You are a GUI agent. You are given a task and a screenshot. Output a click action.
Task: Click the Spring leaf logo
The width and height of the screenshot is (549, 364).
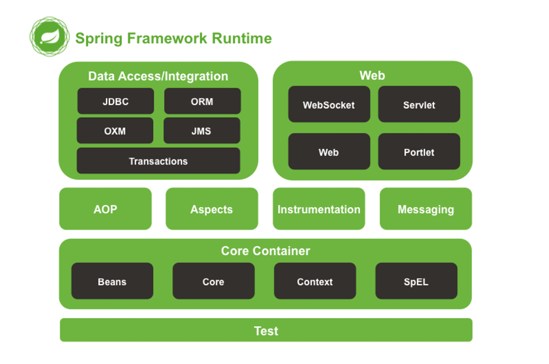[50, 37]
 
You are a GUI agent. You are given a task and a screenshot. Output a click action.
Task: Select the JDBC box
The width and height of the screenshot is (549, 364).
[116, 101]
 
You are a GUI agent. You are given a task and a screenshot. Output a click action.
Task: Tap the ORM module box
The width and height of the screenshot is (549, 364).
[202, 101]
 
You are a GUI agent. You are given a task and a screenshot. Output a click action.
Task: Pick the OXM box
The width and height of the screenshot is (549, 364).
[115, 131]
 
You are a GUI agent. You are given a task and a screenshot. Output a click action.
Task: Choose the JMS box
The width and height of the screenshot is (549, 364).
[202, 131]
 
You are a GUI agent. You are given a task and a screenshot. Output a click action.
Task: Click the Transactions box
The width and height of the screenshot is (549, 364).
[158, 161]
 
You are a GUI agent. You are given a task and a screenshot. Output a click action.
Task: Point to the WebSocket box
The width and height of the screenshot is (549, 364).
[329, 104]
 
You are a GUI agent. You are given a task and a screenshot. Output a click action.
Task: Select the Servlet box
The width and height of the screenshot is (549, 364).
[419, 104]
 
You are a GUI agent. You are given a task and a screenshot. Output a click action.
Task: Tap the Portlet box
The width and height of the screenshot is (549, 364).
[419, 152]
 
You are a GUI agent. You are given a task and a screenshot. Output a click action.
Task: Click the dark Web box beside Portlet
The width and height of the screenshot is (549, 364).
[329, 152]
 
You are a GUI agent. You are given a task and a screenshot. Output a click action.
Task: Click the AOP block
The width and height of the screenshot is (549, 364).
[105, 209]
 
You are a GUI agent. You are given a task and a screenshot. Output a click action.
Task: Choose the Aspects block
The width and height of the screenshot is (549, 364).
[212, 209]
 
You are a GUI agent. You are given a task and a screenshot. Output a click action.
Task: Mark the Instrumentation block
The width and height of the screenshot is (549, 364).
[319, 209]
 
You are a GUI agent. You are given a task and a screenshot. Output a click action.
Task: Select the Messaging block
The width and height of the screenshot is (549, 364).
[426, 209]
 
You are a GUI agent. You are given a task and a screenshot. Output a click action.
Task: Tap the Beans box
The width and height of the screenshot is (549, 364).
[112, 281]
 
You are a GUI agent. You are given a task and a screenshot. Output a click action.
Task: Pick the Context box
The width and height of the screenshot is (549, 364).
[315, 281]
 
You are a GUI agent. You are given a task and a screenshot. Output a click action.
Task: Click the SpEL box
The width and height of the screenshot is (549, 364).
[416, 281]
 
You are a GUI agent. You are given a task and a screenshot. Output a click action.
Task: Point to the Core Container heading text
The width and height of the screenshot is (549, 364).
[265, 251]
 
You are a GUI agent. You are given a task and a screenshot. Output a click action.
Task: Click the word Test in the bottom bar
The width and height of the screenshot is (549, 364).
[266, 331]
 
